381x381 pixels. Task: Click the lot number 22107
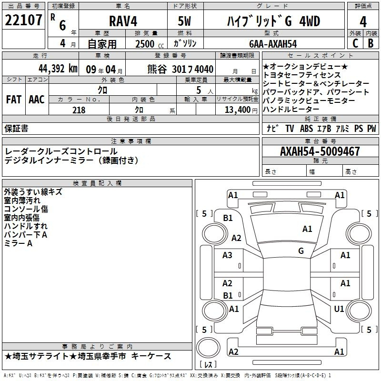23,20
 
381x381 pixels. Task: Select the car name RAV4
123,21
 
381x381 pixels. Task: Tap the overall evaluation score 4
363,22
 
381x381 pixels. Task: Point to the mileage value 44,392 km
58,69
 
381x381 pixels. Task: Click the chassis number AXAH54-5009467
320,151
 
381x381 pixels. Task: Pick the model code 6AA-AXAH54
273,44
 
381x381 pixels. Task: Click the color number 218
79,110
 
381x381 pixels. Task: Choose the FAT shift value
14,100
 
